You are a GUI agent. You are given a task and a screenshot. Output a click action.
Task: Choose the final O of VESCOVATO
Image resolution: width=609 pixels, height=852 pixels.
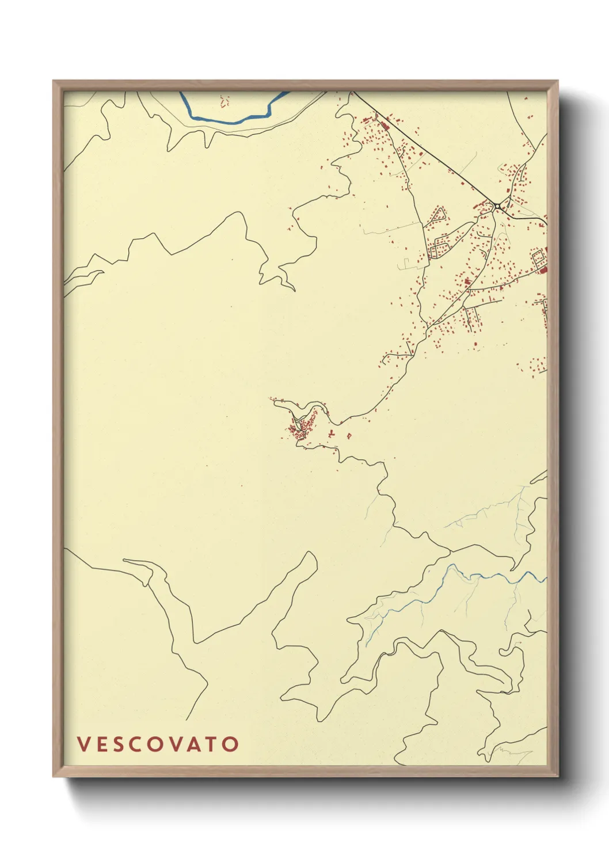(x=231, y=744)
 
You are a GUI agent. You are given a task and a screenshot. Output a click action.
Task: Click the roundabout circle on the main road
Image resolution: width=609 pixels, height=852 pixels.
(x=497, y=206)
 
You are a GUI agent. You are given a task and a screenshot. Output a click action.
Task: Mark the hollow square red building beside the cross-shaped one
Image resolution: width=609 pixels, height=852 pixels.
(x=348, y=436)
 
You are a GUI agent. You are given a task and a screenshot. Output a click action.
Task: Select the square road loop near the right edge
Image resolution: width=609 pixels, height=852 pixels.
(x=539, y=258)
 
